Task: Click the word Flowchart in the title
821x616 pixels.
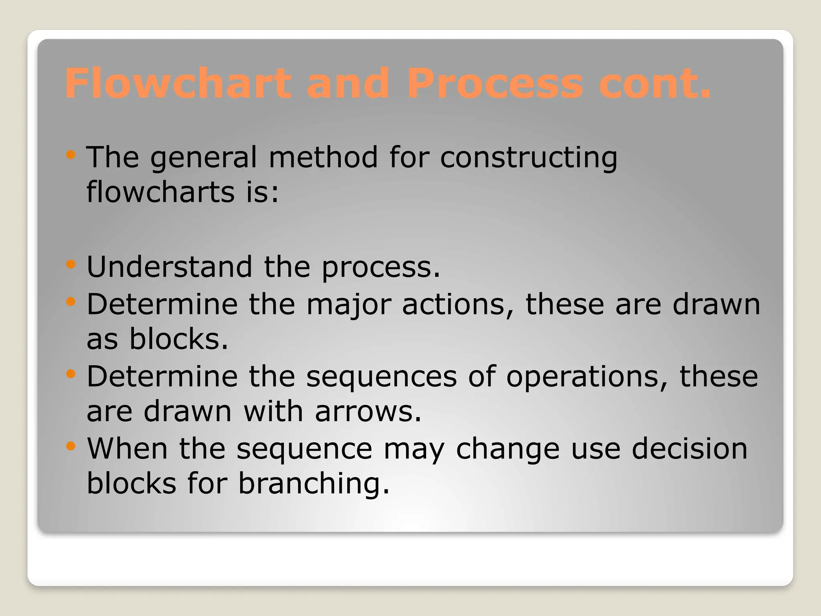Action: coord(178,83)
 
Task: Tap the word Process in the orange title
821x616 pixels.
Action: coord(495,83)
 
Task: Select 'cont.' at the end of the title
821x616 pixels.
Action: coord(654,83)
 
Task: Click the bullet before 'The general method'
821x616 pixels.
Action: coord(71,155)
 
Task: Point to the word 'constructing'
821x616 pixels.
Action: coord(528,157)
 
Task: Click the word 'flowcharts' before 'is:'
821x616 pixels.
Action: coord(160,192)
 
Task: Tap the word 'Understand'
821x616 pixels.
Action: coord(169,267)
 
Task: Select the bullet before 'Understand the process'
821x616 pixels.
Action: coord(71,264)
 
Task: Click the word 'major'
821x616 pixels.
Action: coord(348,305)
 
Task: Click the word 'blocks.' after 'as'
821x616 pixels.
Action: coord(178,339)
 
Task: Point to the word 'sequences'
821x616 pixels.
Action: coord(381,377)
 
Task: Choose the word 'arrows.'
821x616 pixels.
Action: coord(368,411)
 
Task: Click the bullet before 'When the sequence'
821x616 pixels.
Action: coord(71,446)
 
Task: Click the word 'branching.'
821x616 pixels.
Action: coord(314,484)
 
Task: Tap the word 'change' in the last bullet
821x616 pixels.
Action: coord(508,449)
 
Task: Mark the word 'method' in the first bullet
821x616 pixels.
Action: coord(323,157)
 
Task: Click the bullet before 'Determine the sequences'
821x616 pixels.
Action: coord(71,374)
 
